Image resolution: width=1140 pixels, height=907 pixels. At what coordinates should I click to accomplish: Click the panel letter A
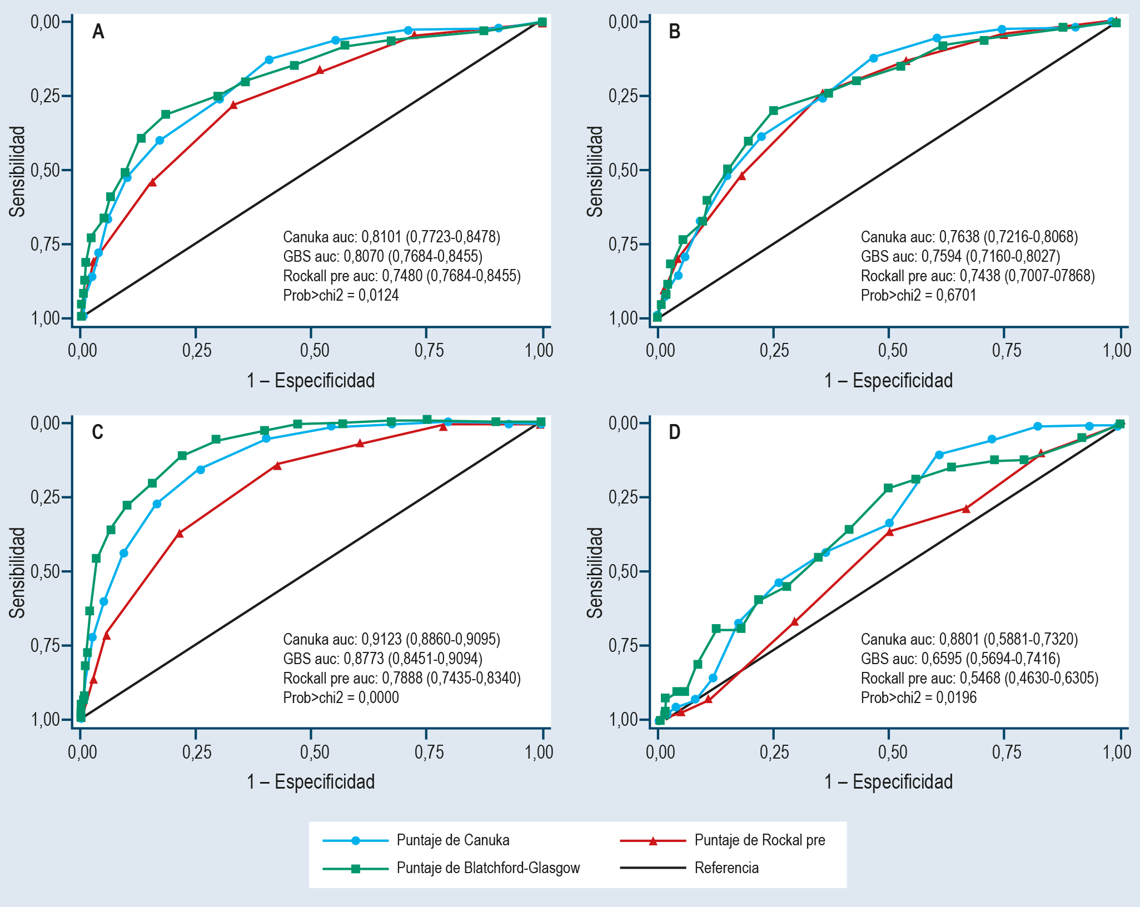click(98, 32)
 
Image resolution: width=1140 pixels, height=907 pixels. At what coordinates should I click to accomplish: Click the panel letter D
click(674, 432)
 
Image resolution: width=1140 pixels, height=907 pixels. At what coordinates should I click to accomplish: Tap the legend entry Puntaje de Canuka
click(452, 840)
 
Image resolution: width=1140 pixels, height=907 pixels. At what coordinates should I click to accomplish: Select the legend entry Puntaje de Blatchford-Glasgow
click(488, 868)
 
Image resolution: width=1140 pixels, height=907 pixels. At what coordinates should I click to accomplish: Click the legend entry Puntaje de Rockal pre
click(759, 840)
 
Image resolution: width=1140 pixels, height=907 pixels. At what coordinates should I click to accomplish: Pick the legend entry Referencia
click(726, 868)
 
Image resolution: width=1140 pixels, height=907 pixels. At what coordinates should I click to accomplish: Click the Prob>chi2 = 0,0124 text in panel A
click(341, 295)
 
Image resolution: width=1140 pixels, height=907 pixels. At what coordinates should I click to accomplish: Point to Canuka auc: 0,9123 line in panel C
click(391, 639)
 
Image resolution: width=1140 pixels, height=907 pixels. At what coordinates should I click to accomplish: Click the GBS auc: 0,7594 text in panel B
click(960, 256)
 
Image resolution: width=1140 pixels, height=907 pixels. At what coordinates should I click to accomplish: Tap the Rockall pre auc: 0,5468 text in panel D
click(979, 678)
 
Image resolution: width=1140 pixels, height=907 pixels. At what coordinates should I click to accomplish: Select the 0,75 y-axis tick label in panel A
click(44, 244)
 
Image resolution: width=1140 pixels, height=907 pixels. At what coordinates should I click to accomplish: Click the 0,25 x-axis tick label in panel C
click(197, 752)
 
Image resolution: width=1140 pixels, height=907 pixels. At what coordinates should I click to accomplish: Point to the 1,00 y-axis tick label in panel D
click(623, 720)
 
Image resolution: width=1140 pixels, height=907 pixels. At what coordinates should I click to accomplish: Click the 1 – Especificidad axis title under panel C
click(311, 781)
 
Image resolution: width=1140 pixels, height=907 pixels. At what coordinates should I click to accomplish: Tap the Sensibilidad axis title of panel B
click(595, 171)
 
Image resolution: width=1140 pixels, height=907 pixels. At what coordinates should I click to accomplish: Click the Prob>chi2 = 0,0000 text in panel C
click(341, 697)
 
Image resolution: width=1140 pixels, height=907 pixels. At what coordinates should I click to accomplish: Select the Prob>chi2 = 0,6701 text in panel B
click(918, 295)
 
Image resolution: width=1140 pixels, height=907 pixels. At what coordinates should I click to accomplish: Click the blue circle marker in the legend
click(356, 840)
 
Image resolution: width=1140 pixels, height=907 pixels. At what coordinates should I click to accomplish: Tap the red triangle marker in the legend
click(654, 841)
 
